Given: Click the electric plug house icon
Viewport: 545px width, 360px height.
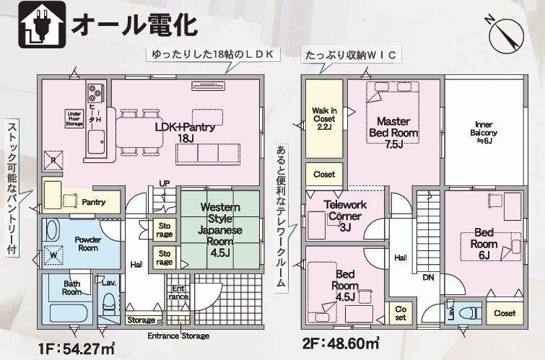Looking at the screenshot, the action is (42, 25).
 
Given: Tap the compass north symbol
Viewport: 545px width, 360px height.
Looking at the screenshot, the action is (505, 33).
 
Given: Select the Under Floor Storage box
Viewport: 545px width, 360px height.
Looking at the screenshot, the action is (75, 119).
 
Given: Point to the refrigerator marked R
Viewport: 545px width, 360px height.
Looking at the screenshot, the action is (53, 161).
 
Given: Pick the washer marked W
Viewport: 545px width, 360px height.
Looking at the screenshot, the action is (53, 255).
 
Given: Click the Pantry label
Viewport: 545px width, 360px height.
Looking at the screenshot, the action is (94, 202).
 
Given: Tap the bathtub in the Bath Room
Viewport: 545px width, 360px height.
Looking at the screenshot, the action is (70, 313).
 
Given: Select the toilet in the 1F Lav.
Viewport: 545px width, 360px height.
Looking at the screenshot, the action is (110, 301).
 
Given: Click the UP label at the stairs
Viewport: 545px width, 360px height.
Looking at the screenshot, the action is (165, 183).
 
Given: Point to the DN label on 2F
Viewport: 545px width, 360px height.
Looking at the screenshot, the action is (428, 277).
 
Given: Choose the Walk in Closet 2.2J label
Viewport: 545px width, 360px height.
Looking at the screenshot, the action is (324, 119).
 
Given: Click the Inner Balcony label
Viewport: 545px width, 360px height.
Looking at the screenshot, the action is (484, 133).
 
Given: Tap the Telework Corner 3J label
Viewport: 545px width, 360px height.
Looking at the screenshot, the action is (345, 216).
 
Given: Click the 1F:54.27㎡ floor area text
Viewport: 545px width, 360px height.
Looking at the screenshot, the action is (77, 348).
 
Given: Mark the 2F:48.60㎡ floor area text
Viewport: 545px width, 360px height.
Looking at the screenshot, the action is (341, 343).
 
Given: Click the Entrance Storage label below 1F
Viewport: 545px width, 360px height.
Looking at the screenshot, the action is (178, 335).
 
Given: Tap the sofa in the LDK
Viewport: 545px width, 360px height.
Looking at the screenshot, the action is (208, 154).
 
